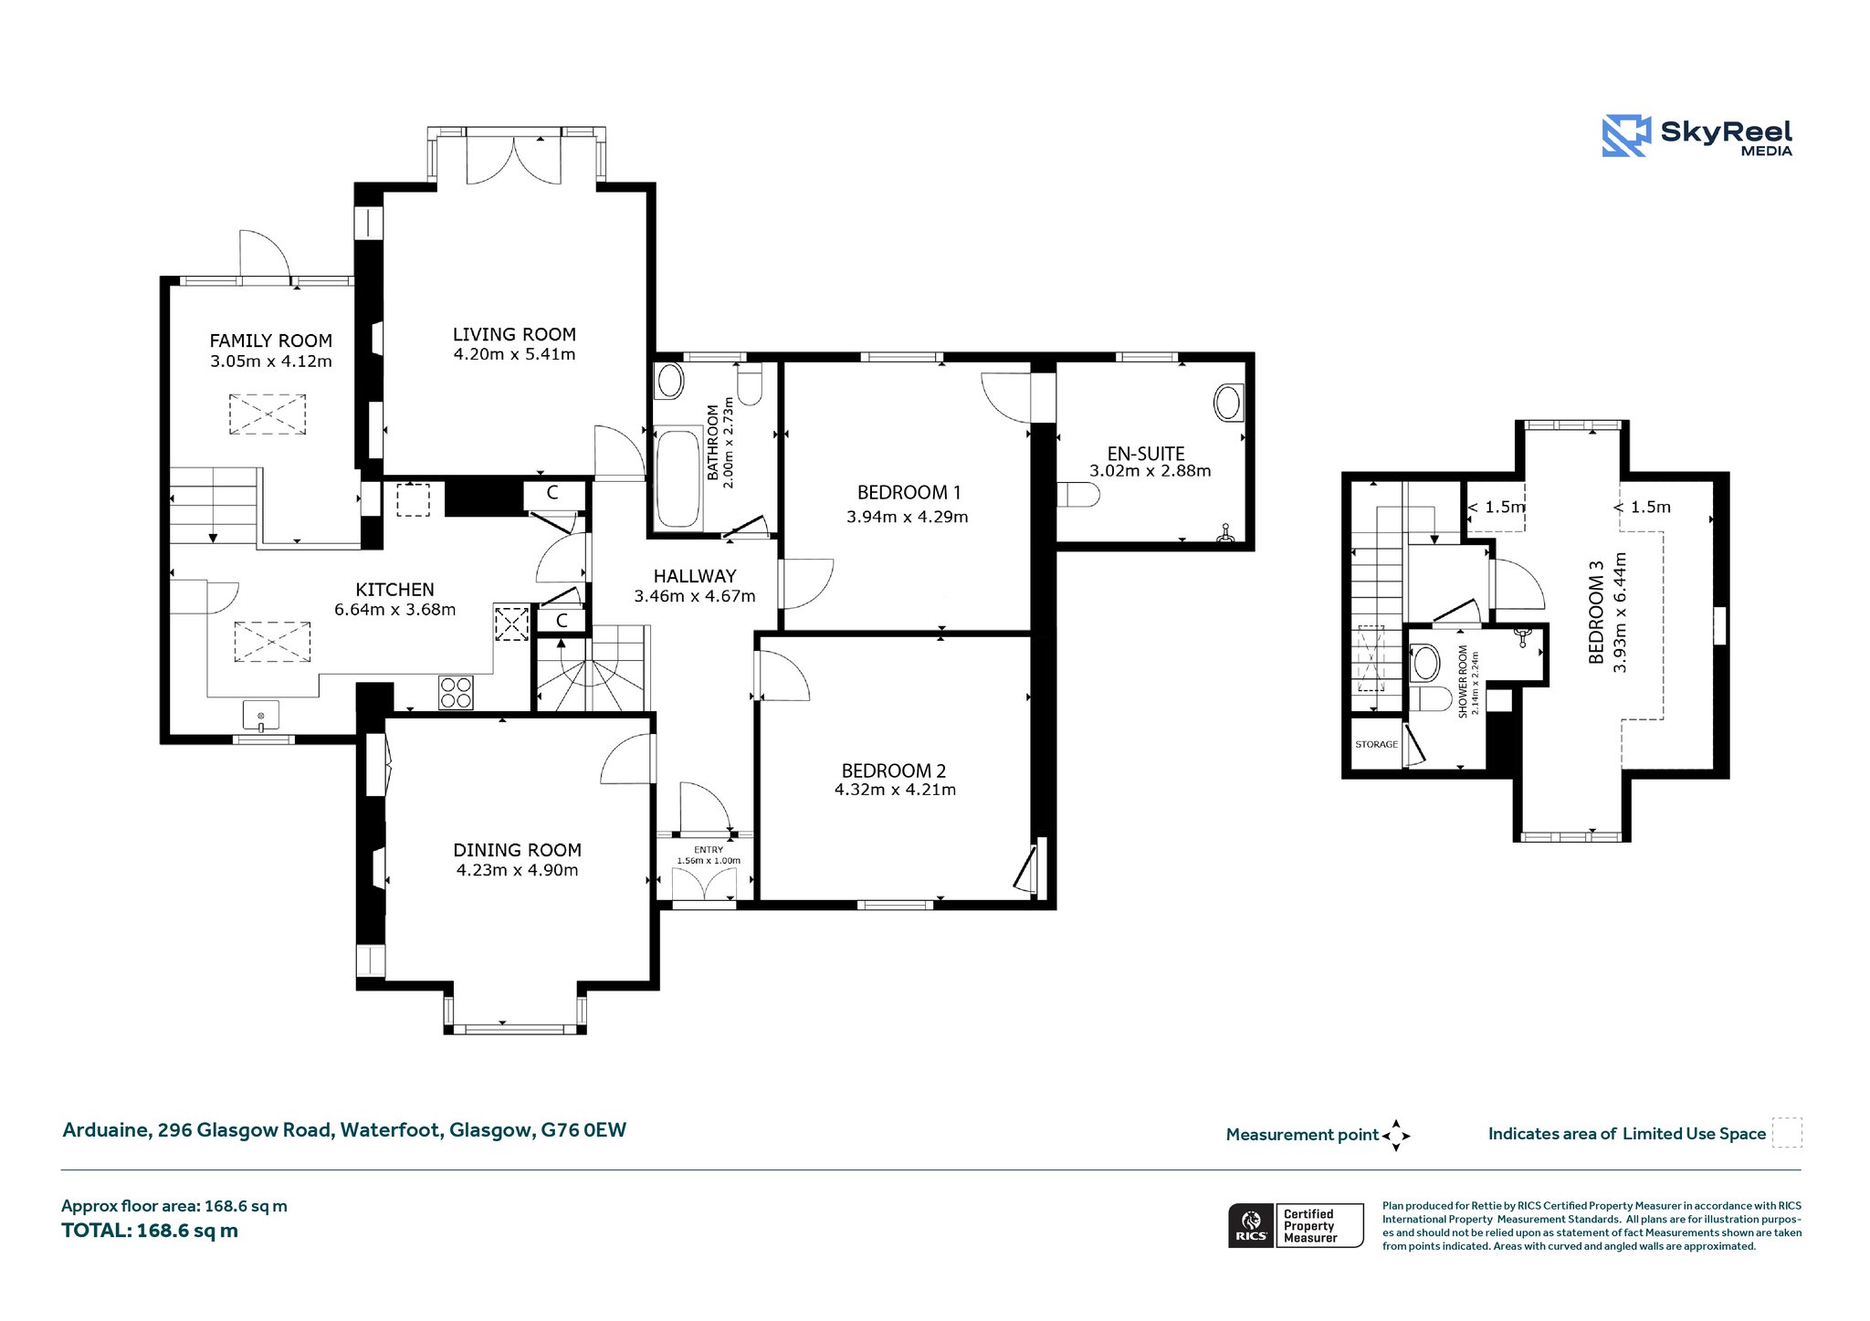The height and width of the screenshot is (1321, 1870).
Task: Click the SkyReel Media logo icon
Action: point(1626,136)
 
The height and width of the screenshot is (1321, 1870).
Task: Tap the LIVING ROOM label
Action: point(514,334)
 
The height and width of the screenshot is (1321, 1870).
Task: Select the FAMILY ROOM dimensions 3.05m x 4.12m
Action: point(271,362)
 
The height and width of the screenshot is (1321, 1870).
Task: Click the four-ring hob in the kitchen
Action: point(457,692)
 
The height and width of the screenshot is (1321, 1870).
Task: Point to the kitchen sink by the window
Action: point(261,716)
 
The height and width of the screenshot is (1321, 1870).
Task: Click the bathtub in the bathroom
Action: point(678,478)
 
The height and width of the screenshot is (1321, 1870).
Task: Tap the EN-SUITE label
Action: point(1146,454)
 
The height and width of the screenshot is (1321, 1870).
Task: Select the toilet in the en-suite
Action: point(1078,495)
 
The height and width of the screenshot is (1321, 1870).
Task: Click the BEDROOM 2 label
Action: point(894,771)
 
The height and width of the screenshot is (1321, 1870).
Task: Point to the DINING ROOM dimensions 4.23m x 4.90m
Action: point(518,870)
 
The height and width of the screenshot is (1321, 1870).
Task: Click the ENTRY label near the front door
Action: point(709,850)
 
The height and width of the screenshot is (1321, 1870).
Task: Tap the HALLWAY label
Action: point(695,576)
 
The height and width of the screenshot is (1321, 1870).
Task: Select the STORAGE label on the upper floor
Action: point(1376,745)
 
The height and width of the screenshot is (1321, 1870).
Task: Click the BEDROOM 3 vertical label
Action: point(1596,612)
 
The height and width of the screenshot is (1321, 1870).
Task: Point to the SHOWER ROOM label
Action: point(1463,682)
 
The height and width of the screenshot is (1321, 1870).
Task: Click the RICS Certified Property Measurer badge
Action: point(1296,1225)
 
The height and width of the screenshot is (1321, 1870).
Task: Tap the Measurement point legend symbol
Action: point(1396,1136)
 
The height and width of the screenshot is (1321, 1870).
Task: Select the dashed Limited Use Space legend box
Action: point(1787,1133)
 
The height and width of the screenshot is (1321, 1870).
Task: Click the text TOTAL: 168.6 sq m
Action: point(150,1231)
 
